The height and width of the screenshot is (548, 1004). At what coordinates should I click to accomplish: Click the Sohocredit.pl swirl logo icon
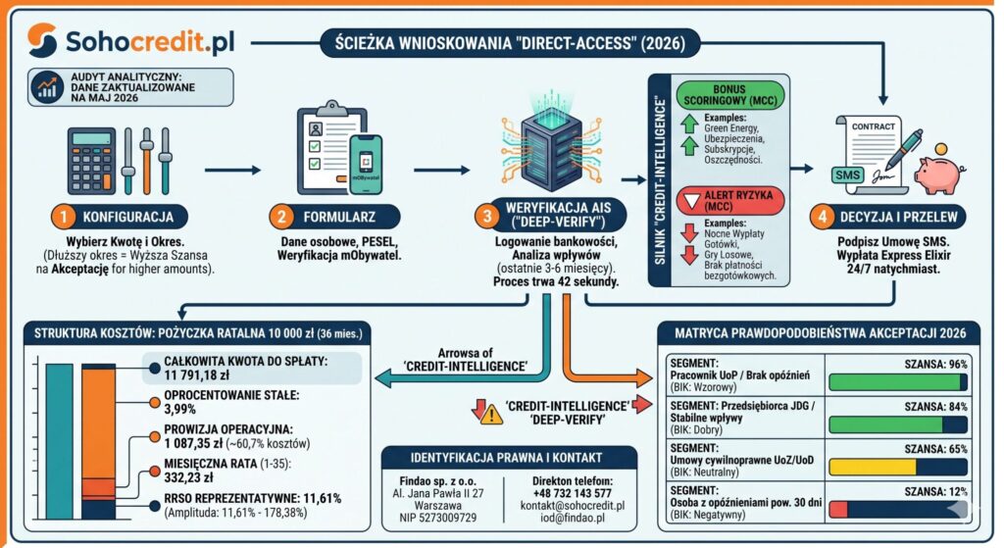[x=42, y=40]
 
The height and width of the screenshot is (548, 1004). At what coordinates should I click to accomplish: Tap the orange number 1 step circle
[x=64, y=217]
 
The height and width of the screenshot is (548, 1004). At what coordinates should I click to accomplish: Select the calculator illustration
[x=92, y=160]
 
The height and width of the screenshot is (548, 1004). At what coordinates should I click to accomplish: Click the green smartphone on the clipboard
[x=366, y=164]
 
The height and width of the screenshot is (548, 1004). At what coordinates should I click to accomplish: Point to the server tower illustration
[x=551, y=146]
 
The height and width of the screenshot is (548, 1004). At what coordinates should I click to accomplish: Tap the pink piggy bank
[x=939, y=172]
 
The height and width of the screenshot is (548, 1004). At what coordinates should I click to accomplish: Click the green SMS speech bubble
[x=848, y=175]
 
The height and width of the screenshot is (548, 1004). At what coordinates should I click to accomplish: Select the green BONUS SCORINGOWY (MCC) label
[x=729, y=95]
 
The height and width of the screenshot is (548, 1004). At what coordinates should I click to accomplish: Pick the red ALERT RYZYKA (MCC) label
[x=729, y=200]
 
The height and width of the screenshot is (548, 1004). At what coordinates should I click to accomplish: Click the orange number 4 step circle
[x=822, y=217]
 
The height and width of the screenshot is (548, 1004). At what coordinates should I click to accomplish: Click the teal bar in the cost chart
[x=59, y=442]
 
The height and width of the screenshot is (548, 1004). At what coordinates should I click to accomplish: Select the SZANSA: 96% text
[x=935, y=365]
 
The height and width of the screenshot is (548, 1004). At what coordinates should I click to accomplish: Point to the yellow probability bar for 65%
[x=873, y=467]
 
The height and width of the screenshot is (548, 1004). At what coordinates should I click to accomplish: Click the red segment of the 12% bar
[x=838, y=510]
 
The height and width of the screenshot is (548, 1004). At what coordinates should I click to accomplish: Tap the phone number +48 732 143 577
[x=572, y=493]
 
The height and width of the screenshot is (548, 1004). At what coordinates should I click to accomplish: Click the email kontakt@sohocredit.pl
[x=573, y=505]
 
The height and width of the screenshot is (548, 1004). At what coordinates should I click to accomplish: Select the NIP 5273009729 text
[x=438, y=518]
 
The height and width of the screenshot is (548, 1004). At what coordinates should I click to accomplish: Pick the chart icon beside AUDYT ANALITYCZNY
[x=47, y=87]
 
